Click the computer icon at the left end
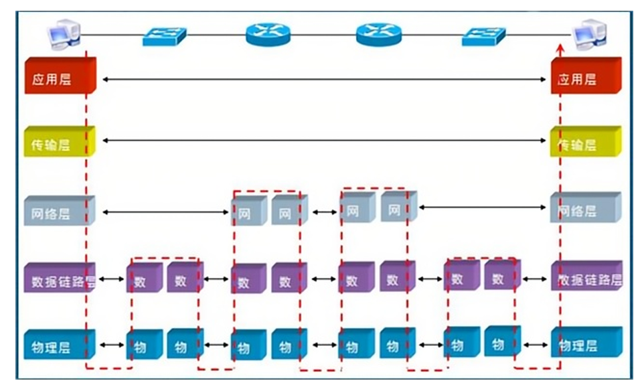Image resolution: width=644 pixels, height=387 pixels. pos(64,33)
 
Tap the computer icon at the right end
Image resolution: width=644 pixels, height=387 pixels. pos(589,33)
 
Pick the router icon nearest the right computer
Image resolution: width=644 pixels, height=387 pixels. pos(378,33)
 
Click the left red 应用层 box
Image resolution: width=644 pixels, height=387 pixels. pos(60,78)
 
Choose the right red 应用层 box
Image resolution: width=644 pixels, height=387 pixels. pos(584,78)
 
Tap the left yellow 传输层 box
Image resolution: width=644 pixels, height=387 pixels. pos(59,143)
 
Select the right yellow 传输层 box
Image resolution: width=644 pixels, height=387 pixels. pos(584,143)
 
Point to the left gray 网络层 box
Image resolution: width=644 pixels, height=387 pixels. pos(59,212)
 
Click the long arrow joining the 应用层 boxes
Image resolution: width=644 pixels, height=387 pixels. pos(325,80)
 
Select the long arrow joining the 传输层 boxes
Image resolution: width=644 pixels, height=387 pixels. pos(325,141)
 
